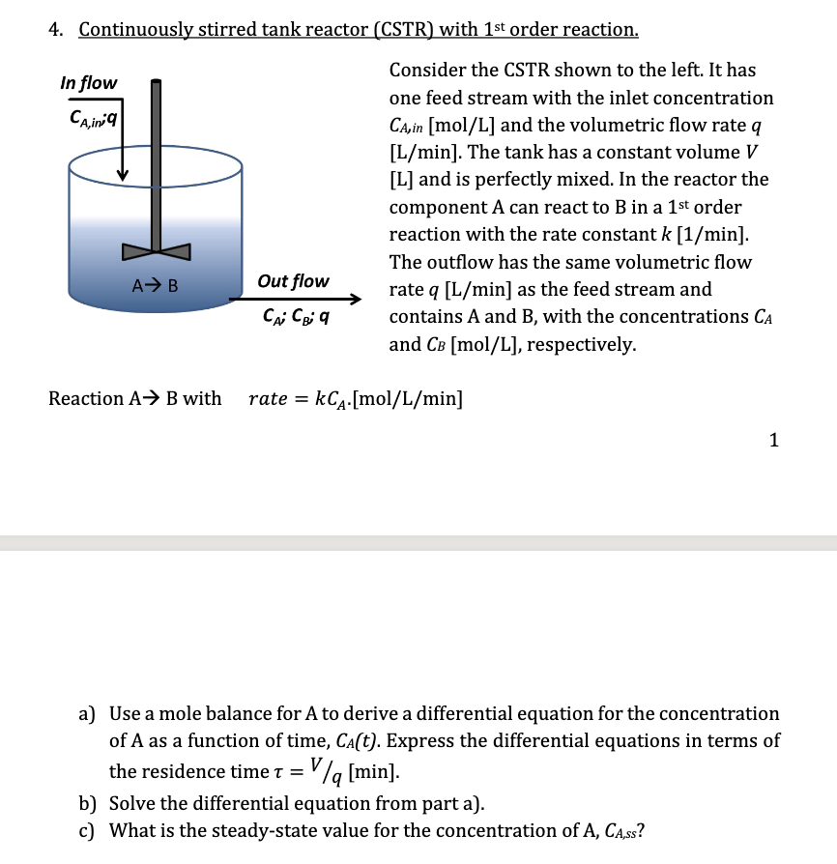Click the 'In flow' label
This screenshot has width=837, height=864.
88,83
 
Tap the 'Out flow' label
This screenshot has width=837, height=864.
293,281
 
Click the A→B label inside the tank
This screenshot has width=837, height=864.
154,285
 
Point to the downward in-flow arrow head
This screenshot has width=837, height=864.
123,174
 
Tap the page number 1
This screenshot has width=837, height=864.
773,441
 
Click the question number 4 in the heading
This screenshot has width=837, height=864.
55,29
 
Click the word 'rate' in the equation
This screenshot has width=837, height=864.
268,398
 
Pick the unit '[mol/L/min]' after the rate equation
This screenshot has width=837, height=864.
412,398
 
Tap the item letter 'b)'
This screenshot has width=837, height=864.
88,803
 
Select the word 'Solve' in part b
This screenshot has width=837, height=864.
132,803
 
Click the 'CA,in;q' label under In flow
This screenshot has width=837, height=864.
94,117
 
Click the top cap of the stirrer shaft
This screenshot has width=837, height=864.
155,82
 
